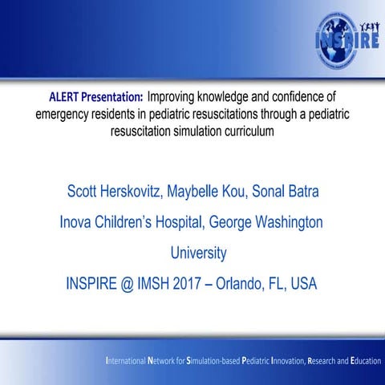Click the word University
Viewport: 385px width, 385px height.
[x=198, y=253]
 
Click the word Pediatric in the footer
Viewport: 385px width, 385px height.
[x=249, y=361]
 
